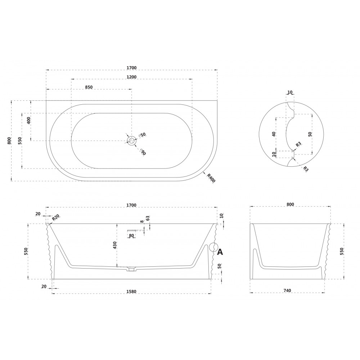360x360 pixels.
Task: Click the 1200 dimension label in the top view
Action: point(131,77)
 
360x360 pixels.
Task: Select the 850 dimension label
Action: point(89,87)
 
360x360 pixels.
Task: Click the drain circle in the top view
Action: point(132,140)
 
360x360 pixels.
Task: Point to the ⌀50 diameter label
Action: point(142,135)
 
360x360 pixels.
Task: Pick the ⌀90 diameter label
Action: point(143,152)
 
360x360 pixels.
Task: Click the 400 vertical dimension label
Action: point(28,120)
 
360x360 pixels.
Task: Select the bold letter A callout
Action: point(220,252)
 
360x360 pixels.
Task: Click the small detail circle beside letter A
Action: point(213,248)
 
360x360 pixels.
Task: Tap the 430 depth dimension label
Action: point(115,245)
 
